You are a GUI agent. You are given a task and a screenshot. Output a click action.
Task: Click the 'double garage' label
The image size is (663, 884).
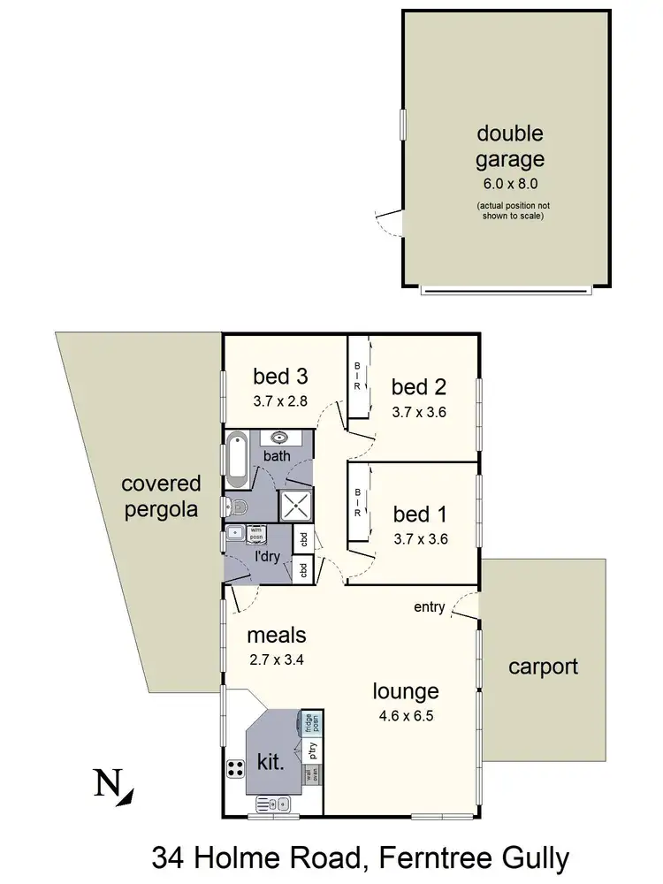pyautogui.click(x=510, y=147)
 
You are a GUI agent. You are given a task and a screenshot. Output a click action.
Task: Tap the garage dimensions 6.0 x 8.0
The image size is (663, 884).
pyautogui.click(x=510, y=184)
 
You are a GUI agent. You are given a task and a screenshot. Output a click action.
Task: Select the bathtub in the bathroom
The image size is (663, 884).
pyautogui.click(x=238, y=461)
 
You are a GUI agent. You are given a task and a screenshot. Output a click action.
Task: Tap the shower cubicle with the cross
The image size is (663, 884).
pyautogui.click(x=296, y=506)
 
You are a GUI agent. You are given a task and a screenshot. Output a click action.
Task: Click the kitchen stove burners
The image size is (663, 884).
pyautogui.click(x=236, y=768)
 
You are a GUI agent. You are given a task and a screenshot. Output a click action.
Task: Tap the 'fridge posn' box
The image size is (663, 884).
pyautogui.click(x=309, y=723)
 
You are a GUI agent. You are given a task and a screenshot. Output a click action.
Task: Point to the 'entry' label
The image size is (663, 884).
pyautogui.click(x=429, y=607)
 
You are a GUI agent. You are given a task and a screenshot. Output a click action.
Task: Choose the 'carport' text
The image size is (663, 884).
pyautogui.click(x=543, y=667)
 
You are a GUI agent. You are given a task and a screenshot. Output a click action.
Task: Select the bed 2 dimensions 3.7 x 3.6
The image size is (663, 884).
pyautogui.click(x=421, y=412)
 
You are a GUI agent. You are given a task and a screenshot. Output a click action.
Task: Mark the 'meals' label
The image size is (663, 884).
pyautogui.click(x=276, y=635)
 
